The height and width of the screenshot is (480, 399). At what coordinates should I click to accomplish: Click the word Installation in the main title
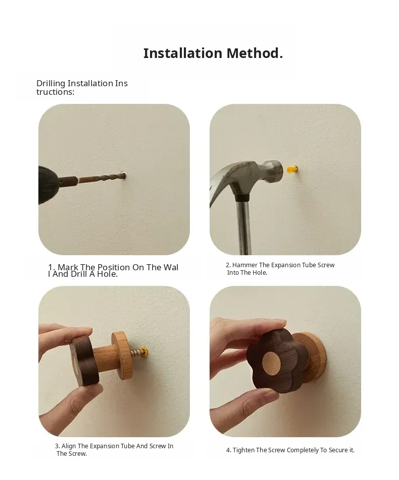click(182, 53)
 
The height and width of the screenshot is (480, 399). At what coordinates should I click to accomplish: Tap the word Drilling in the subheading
click(51, 84)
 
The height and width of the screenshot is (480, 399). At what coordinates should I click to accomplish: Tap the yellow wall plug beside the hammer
click(292, 169)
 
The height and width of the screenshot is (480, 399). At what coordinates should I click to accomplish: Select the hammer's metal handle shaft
click(244, 227)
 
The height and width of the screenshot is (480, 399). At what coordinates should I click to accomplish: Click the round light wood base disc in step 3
click(122, 355)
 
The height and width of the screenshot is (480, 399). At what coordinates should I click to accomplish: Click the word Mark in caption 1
click(68, 267)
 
